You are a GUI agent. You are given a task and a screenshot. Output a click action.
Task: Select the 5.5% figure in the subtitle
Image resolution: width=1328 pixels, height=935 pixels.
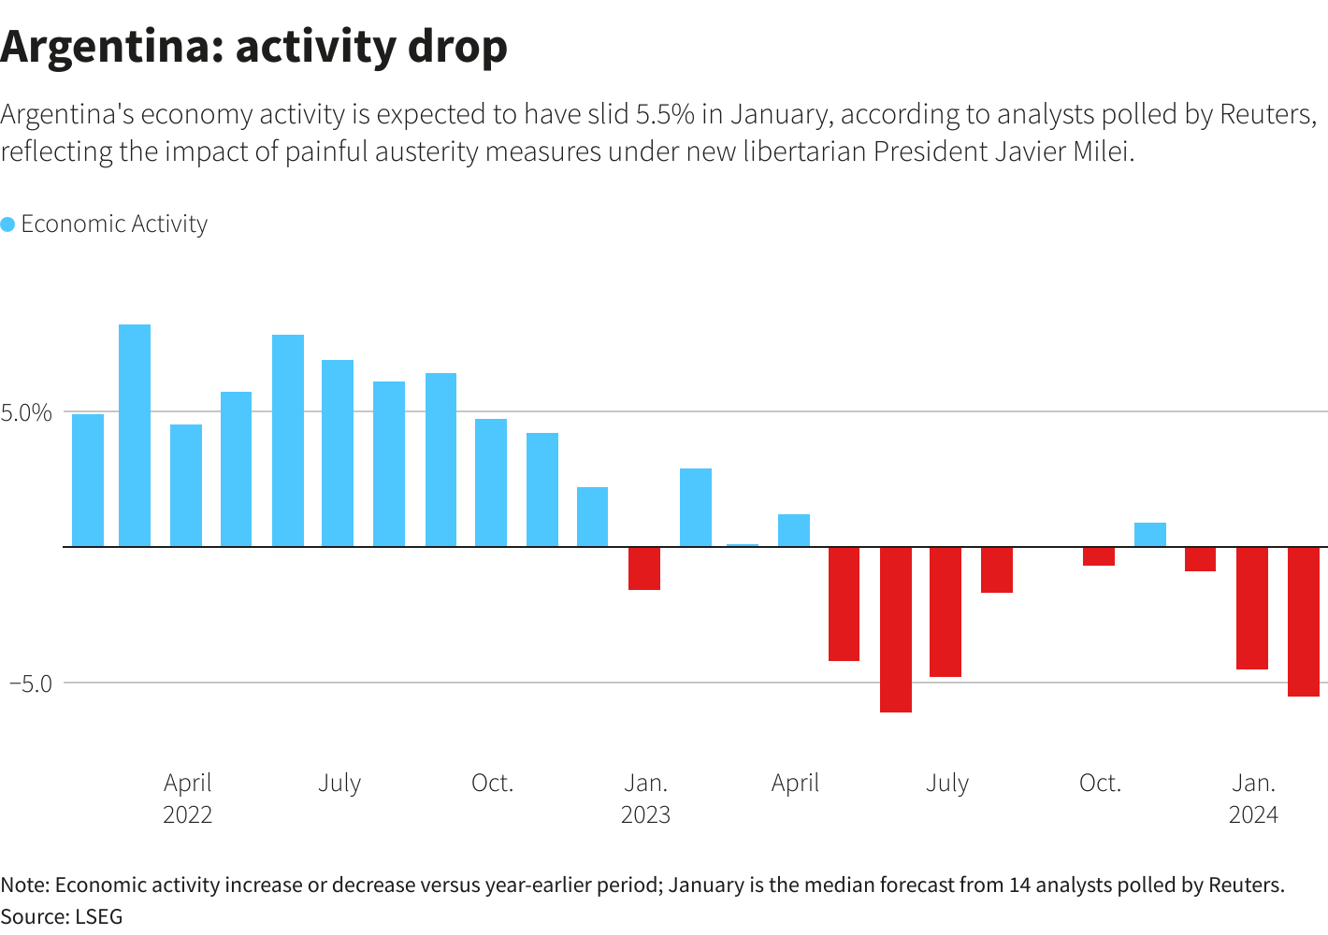(x=665, y=114)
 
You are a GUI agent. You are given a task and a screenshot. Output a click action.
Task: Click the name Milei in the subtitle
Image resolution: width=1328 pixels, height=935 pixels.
(x=1103, y=151)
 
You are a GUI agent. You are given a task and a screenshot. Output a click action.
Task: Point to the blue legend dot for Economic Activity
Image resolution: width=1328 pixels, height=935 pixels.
(x=7, y=224)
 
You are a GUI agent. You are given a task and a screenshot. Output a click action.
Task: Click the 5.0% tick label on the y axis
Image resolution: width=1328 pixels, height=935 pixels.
(x=26, y=412)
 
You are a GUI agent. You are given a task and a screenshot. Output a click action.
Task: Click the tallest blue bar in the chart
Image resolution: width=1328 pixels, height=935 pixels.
(x=135, y=435)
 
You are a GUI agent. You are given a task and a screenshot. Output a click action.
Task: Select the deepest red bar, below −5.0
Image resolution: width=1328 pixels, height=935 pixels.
(x=896, y=628)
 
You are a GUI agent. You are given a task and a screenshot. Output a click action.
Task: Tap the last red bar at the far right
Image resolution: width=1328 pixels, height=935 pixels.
(x=1304, y=621)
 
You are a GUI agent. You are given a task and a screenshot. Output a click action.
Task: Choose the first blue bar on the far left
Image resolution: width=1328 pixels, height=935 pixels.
(x=88, y=480)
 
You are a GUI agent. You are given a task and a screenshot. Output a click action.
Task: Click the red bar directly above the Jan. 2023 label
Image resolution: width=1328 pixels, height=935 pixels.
(x=644, y=568)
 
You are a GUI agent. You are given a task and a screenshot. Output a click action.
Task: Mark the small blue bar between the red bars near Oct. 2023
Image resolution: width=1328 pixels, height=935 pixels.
(x=1150, y=534)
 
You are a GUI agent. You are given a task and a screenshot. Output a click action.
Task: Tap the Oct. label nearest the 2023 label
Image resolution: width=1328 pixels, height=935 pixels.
(x=492, y=783)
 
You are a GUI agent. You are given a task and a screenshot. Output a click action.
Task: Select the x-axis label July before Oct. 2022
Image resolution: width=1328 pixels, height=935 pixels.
(x=339, y=783)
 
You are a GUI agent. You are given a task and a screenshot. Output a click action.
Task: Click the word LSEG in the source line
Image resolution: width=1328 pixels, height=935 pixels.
(x=98, y=916)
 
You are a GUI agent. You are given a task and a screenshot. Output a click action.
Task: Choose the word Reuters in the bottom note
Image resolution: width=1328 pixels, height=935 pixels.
(x=1246, y=885)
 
